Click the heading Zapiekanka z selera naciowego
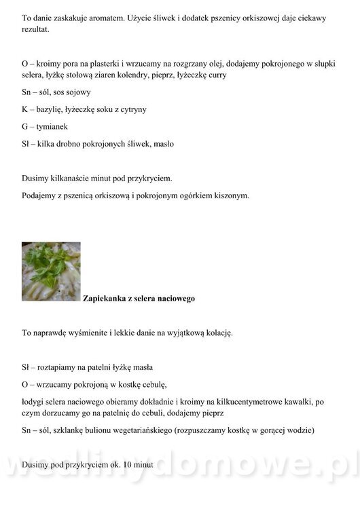[139, 298]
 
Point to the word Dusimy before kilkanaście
[35, 178]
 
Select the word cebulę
[151, 385]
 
